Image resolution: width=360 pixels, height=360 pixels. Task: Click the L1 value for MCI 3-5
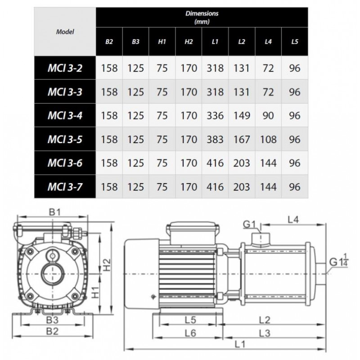point(215,139)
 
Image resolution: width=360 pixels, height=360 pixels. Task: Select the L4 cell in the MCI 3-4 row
point(268,116)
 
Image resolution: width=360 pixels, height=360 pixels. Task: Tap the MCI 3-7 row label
point(65,187)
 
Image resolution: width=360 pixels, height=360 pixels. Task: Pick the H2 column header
point(189,41)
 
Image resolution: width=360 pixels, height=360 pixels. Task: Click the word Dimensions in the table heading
point(202,13)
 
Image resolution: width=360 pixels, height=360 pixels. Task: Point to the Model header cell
point(65,31)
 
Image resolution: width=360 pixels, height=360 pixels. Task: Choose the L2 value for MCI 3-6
point(242,163)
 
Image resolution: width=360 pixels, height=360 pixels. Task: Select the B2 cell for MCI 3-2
point(109,68)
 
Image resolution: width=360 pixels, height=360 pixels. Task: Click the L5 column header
point(295,41)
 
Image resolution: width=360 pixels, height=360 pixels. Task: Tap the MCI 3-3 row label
point(65,92)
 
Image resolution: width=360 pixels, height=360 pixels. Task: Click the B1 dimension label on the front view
point(54,212)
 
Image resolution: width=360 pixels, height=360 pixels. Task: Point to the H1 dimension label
point(95,292)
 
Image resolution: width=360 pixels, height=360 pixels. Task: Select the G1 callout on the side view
point(249,224)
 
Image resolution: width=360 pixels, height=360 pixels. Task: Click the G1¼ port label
point(339,262)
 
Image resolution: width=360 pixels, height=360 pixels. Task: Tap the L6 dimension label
point(190,333)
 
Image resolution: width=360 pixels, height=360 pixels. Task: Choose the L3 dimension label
point(265,333)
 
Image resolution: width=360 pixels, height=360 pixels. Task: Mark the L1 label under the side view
point(240,344)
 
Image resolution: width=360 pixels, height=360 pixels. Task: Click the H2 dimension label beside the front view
point(107,265)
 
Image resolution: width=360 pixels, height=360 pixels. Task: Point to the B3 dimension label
point(52,319)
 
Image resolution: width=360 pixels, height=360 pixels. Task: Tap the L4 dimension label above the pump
point(293,220)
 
